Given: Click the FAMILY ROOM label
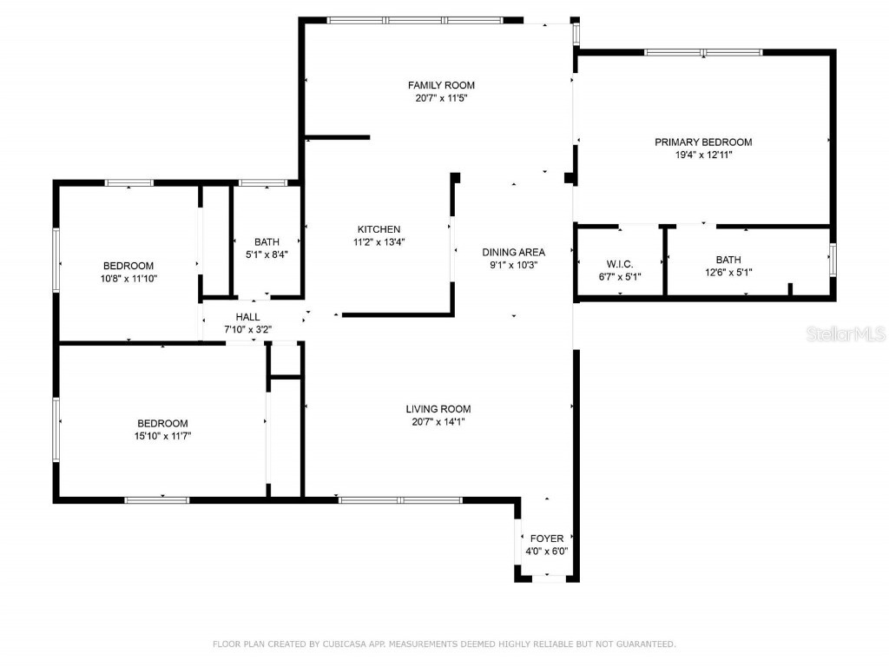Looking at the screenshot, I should point(441,85).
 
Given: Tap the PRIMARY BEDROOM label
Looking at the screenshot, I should point(703,142).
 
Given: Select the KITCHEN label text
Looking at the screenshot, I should point(379,229).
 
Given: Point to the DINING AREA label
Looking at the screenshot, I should point(514,252).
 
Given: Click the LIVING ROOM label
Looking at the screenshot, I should point(438,409).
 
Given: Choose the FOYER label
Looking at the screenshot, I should point(546,538).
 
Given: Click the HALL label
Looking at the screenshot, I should point(247,317).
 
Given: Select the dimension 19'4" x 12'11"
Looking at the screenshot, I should point(703,155).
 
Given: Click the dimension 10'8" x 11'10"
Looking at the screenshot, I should point(128,279).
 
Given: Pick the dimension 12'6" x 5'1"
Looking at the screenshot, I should point(728,273).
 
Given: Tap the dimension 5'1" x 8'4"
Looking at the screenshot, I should point(267,255).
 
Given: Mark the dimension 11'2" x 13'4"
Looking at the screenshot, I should point(379,242).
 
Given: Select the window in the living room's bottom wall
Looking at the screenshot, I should point(399,499).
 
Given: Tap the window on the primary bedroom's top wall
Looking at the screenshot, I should point(703,52).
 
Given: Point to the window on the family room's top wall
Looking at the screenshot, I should point(414,19).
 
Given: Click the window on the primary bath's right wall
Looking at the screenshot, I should point(832,260).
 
